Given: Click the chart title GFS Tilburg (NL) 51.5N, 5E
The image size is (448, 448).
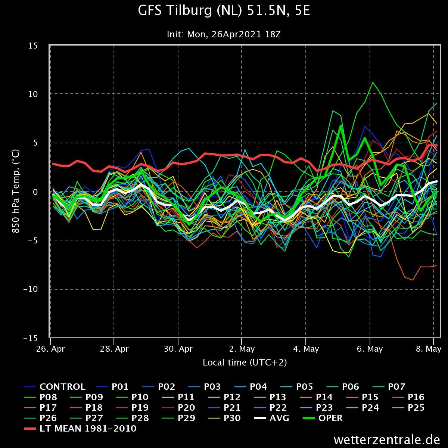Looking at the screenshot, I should click(224, 12).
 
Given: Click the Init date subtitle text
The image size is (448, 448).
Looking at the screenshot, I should click(224, 34).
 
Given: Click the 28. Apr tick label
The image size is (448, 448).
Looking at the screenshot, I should click(115, 349).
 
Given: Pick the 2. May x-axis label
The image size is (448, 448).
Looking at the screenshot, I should click(242, 349).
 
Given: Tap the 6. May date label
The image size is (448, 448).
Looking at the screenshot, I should click(370, 349).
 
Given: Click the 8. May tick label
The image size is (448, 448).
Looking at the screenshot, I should click(429, 349).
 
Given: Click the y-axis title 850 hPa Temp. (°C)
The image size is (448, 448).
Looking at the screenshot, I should click(16, 192).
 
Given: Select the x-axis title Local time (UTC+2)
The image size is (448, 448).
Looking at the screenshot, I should click(245, 362).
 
